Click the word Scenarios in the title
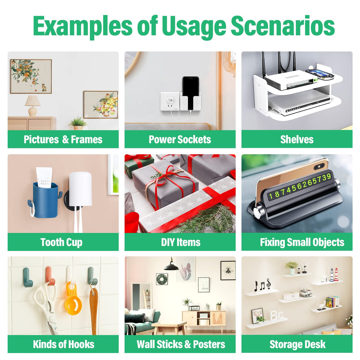[x=283, y=26]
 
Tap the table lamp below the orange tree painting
[x=33, y=106]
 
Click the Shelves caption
[x=297, y=139]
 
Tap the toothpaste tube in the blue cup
[x=44, y=177]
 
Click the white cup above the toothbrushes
[x=80, y=189]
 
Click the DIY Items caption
[x=181, y=242]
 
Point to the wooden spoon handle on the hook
[x=94, y=310]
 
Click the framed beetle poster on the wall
[x=228, y=270]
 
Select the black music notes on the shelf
[x=262, y=285]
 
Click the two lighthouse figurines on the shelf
[x=334, y=275]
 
